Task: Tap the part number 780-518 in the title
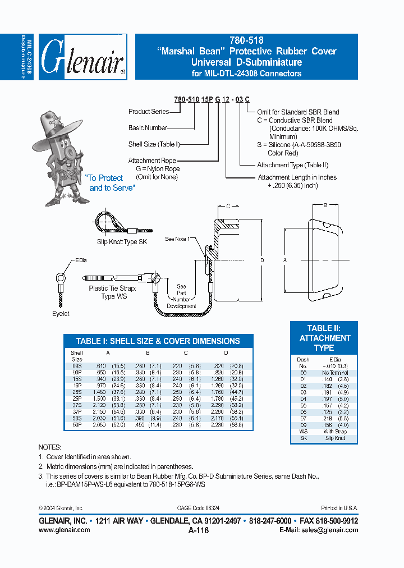246,40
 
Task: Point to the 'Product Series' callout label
148,112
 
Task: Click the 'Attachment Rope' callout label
151,161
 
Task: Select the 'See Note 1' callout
177,239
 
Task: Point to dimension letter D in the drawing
262,261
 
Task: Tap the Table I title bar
158,341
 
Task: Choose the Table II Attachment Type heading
324,338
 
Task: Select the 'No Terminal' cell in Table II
336,373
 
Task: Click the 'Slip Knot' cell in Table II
336,438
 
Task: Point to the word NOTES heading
50,447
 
